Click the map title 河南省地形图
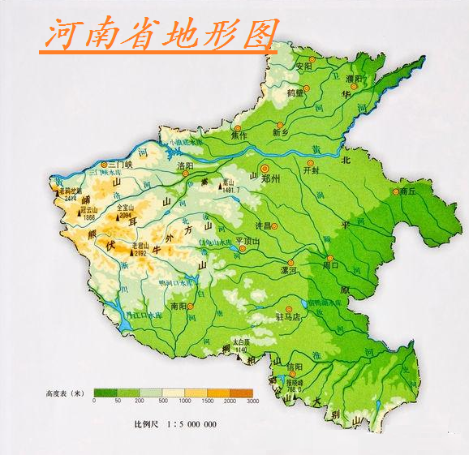pos(158,35)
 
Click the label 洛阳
pos(185,166)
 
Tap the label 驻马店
pos(289,316)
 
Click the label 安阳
pos(303,66)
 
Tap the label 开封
pos(312,170)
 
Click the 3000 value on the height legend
pos(252,401)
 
